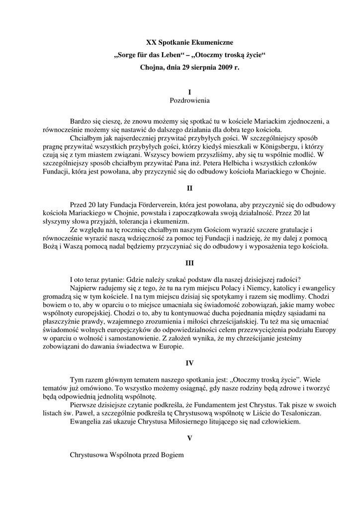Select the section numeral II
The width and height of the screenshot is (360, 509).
pyautogui.click(x=189, y=188)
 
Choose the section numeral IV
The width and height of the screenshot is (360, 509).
pyautogui.click(x=189, y=363)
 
